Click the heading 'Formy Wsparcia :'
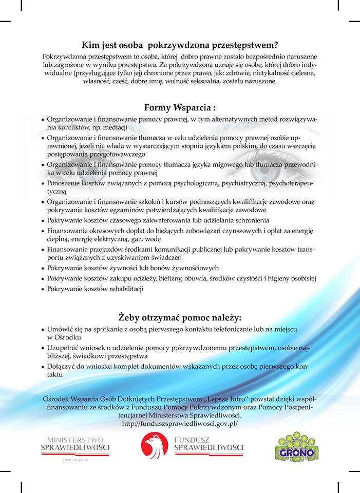[x=180, y=108]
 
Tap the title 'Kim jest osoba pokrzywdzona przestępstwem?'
[x=180, y=45]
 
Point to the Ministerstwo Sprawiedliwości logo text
[x=75, y=444]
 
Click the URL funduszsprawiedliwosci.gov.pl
[x=180, y=424]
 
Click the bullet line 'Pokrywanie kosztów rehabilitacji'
[x=95, y=289]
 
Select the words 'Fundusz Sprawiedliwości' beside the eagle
[x=209, y=444]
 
